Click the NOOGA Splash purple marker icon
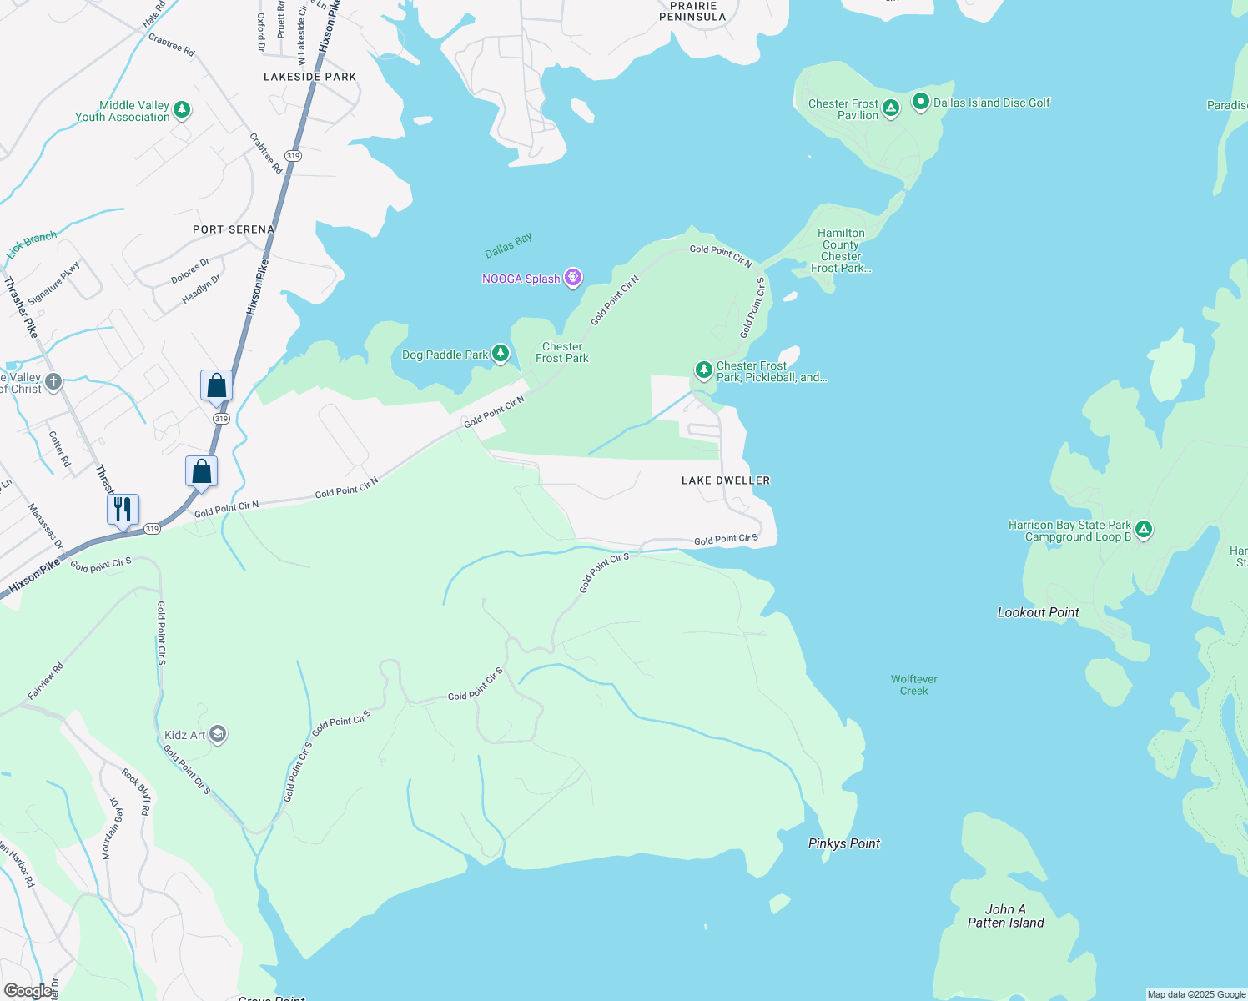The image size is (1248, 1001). click(572, 278)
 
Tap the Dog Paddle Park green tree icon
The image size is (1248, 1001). click(500, 354)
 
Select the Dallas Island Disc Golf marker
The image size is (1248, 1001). click(921, 102)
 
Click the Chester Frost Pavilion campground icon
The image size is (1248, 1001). click(891, 108)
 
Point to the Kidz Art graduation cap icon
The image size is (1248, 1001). click(218, 734)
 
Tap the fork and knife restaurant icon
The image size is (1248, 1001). click(123, 509)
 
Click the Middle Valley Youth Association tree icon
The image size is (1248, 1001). click(182, 109)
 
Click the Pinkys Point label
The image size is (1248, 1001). click(843, 843)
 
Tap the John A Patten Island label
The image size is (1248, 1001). click(1005, 916)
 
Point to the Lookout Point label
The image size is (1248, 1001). click(1038, 612)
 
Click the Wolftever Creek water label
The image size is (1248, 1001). click(913, 685)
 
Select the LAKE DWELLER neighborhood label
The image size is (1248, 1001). click(725, 480)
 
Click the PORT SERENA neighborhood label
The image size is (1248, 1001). click(234, 229)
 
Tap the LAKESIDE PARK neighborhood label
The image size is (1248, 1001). click(309, 77)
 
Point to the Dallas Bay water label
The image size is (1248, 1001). click(508, 245)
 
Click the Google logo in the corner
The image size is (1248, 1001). click(28, 991)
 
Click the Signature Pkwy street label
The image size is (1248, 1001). click(54, 284)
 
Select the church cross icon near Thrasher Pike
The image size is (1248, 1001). click(53, 382)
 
